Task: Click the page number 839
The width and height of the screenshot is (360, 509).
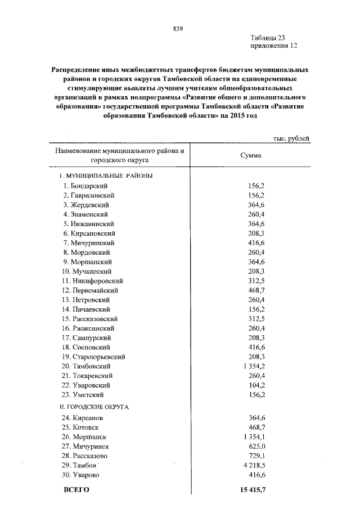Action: click(x=179, y=29)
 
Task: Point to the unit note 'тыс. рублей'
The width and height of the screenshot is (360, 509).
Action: click(x=290, y=138)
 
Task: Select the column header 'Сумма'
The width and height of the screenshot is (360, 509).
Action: click(x=250, y=156)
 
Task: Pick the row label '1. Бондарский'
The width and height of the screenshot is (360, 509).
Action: click(x=85, y=186)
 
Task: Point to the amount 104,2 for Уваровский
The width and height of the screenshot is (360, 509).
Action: click(x=256, y=385)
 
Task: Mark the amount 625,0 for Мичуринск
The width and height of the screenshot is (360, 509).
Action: click(x=256, y=447)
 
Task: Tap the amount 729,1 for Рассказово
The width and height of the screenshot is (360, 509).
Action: click(x=256, y=456)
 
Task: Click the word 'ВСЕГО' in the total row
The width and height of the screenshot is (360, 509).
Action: click(x=77, y=490)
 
